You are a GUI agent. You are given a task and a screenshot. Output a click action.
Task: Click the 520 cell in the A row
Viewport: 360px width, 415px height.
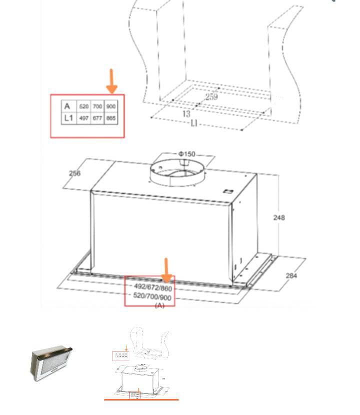point(84,106)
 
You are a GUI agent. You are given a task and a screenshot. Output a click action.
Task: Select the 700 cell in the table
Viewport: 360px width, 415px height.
point(97,106)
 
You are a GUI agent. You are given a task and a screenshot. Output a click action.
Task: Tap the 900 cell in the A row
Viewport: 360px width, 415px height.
point(111,106)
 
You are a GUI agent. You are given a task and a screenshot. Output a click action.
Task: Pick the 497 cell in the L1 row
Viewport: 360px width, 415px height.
point(84,118)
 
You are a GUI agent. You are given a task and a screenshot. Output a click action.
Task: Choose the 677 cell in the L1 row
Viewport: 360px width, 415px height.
point(97,118)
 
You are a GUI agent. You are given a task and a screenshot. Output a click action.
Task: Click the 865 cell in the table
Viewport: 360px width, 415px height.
point(111,118)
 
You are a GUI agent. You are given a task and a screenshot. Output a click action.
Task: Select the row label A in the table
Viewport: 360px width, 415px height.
point(67,106)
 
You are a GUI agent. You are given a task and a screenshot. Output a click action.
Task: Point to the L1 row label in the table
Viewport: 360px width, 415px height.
point(68,118)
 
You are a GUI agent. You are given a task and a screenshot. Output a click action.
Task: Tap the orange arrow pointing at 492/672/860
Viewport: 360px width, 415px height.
point(166,270)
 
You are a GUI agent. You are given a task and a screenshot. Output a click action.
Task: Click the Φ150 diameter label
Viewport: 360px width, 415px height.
point(186,153)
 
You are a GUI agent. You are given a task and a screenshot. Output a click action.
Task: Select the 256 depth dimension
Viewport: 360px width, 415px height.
point(74,173)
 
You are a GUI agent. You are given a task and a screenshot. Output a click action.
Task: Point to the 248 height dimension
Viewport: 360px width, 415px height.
point(279,217)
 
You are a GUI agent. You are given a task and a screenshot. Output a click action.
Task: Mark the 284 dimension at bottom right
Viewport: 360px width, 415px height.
point(291,275)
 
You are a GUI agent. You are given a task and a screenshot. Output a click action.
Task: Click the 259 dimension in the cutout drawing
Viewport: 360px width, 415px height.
point(211,96)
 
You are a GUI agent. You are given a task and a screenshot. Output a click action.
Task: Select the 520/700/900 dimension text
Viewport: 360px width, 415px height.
point(152,297)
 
